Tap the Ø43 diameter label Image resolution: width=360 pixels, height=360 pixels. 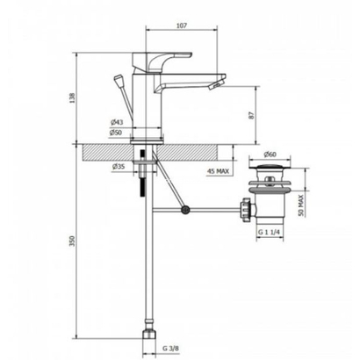(x=116, y=121)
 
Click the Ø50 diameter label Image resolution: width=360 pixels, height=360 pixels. (x=116, y=132)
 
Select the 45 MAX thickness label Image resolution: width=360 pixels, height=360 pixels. (x=217, y=170)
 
